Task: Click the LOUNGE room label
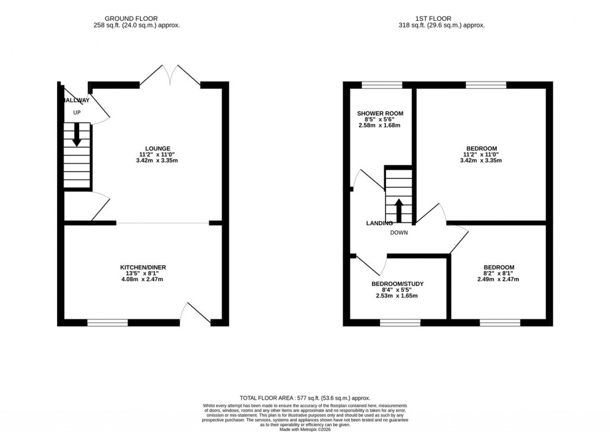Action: (x=158, y=148)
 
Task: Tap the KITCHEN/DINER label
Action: (x=142, y=268)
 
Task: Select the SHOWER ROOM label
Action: (x=380, y=113)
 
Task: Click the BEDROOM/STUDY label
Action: (x=397, y=284)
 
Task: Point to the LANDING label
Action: (x=379, y=223)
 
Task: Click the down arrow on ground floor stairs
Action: (x=77, y=135)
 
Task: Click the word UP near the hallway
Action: (x=77, y=113)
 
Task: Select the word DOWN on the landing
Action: (x=399, y=233)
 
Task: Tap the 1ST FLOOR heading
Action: (x=441, y=18)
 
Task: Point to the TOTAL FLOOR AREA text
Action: (x=305, y=398)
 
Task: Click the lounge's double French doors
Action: (x=170, y=76)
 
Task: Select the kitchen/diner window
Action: (x=108, y=323)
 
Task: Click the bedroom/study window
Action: (x=400, y=323)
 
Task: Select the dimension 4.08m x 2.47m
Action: (x=142, y=279)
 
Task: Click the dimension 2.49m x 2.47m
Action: (x=498, y=279)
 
